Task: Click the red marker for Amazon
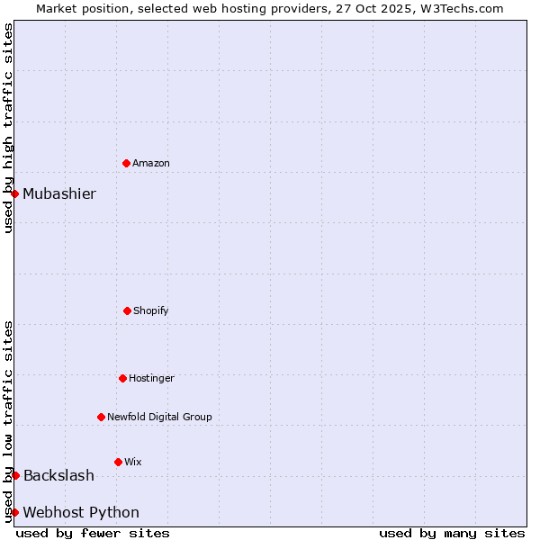(x=126, y=163)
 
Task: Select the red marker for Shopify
(x=127, y=310)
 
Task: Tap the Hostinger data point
(x=122, y=378)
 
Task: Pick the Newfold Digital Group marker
(x=101, y=417)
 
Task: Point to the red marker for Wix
(x=118, y=462)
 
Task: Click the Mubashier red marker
(x=14, y=193)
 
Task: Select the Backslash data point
(x=15, y=475)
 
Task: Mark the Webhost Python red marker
(x=14, y=512)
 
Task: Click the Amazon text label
(x=151, y=163)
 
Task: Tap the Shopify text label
(x=151, y=310)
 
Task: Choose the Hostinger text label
(x=151, y=378)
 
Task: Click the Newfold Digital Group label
(x=159, y=417)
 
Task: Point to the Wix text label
(x=133, y=462)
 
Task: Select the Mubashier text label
(x=59, y=193)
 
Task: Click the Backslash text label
(x=58, y=475)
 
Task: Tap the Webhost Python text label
(x=81, y=512)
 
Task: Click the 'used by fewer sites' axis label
(x=93, y=533)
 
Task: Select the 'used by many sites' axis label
(x=452, y=533)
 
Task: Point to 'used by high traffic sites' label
(x=8, y=128)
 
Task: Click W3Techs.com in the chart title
(x=462, y=8)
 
